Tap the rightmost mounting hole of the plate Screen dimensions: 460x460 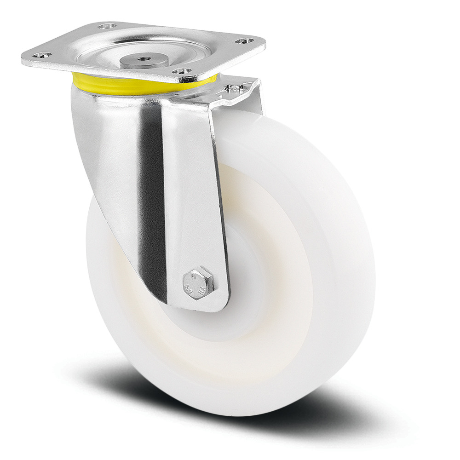pos(243,41)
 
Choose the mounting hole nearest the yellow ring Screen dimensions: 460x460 pos(182,71)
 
